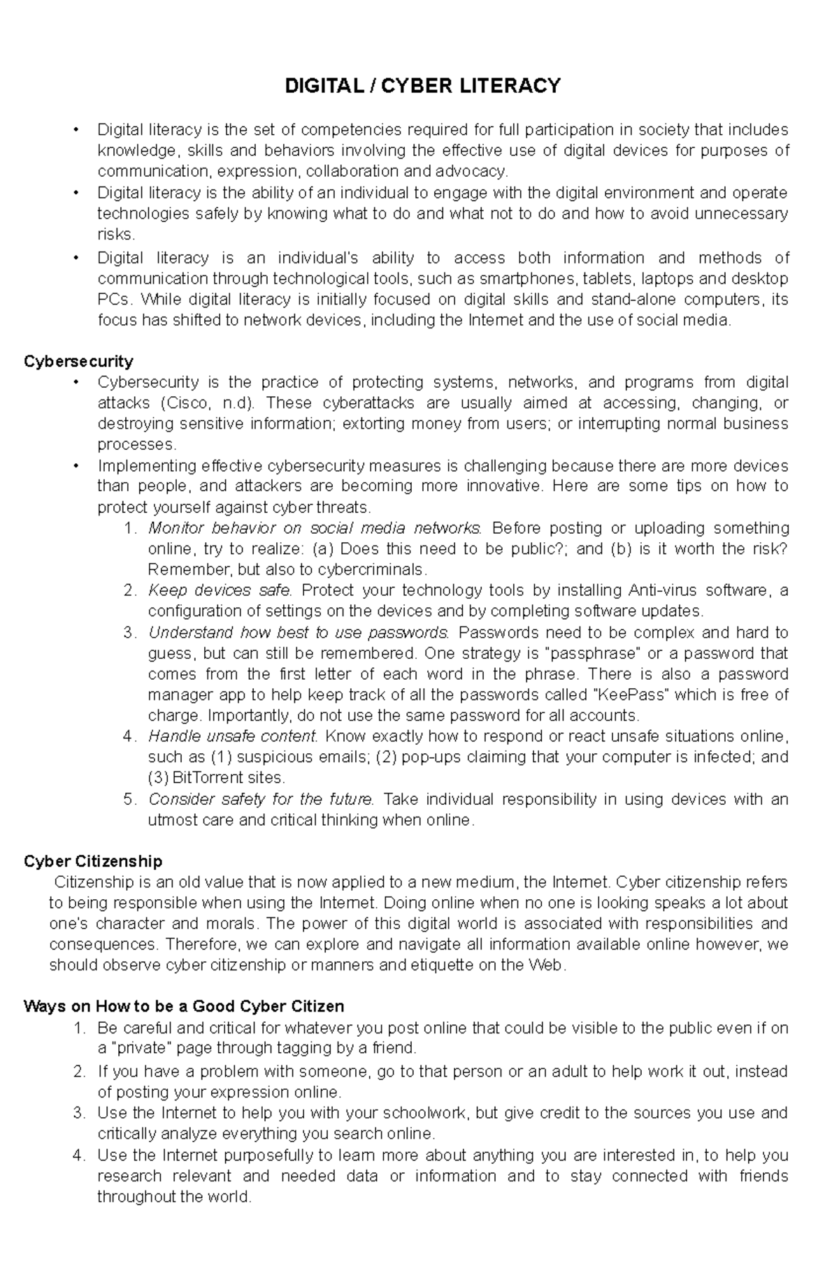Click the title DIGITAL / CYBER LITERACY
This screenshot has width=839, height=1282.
(x=422, y=86)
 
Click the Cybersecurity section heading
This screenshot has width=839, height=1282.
(x=78, y=361)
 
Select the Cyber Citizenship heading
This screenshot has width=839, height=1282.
(x=93, y=861)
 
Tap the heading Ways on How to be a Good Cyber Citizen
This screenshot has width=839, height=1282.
(x=184, y=1006)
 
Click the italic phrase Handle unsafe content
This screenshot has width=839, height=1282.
(x=234, y=736)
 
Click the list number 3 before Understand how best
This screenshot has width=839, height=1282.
(x=128, y=633)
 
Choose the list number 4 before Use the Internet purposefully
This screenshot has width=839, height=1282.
(x=78, y=1155)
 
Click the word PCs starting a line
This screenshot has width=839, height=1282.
(x=113, y=300)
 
